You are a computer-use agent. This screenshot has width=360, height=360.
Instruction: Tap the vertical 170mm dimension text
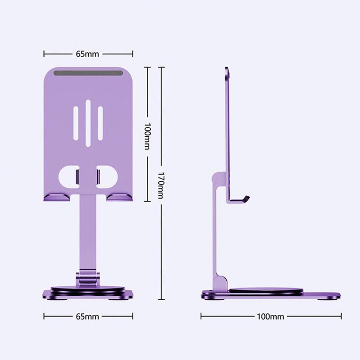pos(162,184)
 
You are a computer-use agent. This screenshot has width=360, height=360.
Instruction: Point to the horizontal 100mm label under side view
pos(270,316)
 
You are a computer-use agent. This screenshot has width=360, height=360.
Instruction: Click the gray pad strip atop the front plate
pos(88,73)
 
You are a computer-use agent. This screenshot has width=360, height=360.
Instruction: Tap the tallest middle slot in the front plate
pos(88,123)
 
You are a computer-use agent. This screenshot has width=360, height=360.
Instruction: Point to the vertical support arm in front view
pos(88,234)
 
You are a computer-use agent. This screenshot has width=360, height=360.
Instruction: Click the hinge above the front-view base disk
pos(88,277)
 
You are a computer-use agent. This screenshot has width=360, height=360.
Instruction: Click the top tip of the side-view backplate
pos(227,70)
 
